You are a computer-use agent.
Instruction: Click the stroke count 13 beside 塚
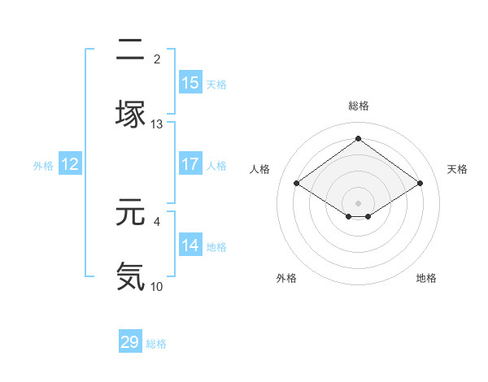(x=157, y=124)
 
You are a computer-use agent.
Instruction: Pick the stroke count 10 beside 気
(x=157, y=286)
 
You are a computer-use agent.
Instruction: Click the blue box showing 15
(x=190, y=83)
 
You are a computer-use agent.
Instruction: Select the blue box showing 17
(x=190, y=164)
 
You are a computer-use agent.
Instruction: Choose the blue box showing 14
(x=190, y=245)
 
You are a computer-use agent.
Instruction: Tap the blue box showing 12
(x=70, y=164)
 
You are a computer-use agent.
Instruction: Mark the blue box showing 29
(x=130, y=342)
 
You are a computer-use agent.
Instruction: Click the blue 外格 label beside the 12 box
(x=43, y=166)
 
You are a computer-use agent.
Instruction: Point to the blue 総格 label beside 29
(x=156, y=344)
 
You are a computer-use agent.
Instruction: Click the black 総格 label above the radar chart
(x=359, y=106)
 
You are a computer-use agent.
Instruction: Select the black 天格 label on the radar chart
(x=458, y=169)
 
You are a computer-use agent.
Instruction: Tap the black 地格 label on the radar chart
(x=426, y=279)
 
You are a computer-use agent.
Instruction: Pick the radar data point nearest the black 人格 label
(x=297, y=184)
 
